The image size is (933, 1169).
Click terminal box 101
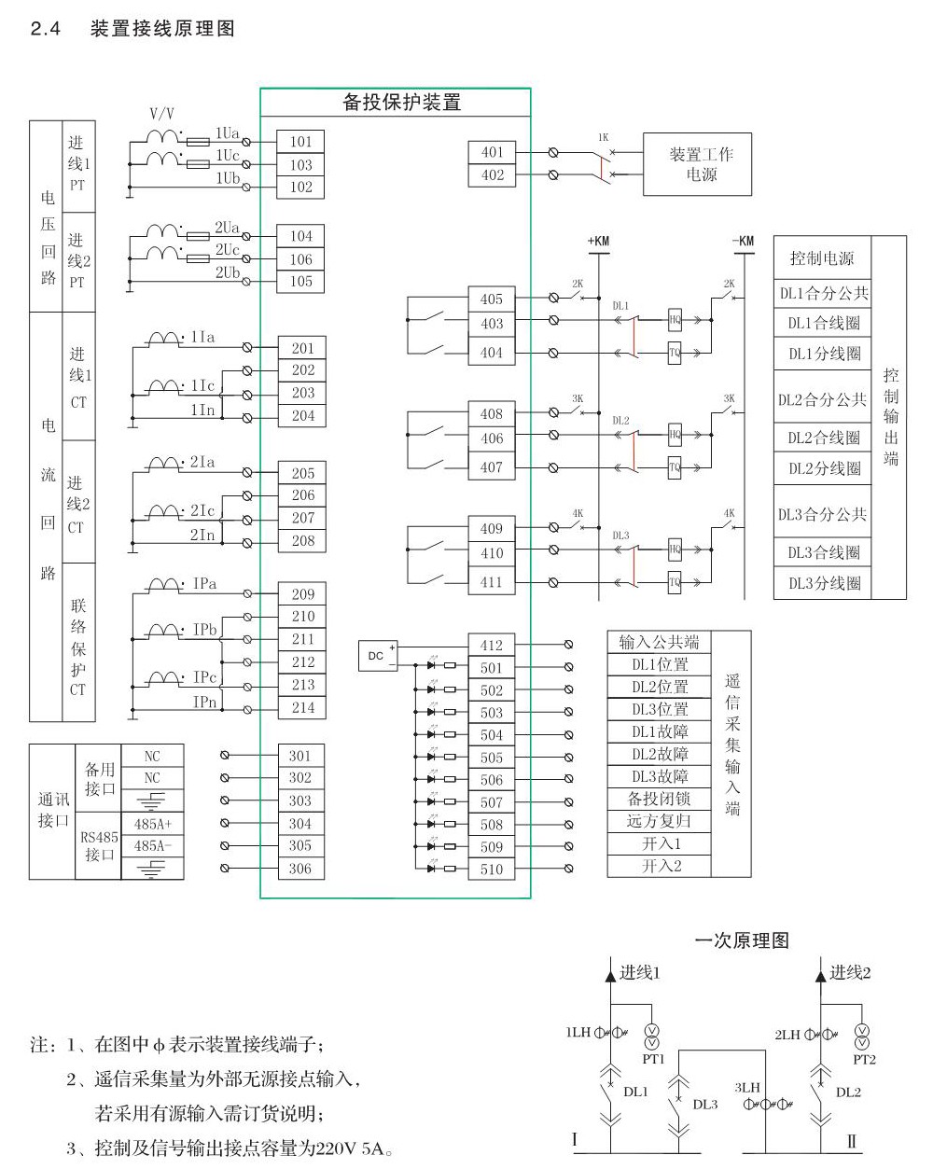pos(300,142)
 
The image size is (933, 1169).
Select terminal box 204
pos(302,416)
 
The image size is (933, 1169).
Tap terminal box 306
pos(300,869)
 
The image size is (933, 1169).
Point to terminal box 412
pos(492,646)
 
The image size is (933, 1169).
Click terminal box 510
pos(492,870)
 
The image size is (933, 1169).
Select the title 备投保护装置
pos(402,103)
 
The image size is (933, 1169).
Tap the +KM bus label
pos(598,241)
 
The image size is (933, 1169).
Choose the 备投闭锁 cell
pos(659,799)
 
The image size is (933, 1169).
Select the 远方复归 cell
pos(659,821)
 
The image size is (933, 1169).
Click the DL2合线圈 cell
pos(823,438)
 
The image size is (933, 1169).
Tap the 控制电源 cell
pos(822,258)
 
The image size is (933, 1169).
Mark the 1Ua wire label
pos(228,132)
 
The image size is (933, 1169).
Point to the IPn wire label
pos(205,701)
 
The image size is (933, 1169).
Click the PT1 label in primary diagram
pos(652,1059)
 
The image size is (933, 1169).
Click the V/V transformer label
pos(161,113)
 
